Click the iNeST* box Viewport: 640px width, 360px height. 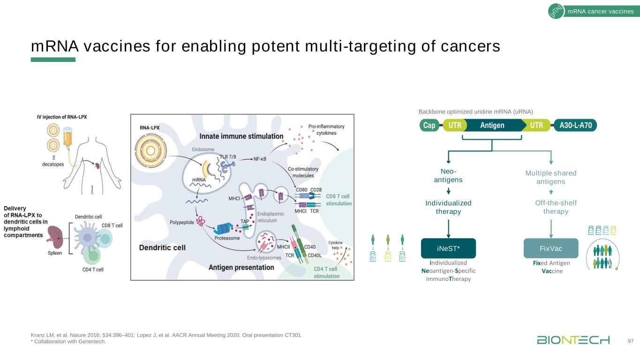coord(449,248)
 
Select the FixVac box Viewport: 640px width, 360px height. coord(550,248)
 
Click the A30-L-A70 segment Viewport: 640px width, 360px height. coord(575,125)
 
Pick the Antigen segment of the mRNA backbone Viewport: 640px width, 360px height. coord(492,125)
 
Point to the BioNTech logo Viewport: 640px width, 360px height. coord(573,340)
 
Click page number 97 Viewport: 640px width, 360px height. coord(630,340)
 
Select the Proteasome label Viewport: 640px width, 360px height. coord(227,238)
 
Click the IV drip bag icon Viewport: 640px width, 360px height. coord(68,137)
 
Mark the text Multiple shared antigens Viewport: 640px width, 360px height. coord(551,177)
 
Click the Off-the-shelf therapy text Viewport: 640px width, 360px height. coord(556,207)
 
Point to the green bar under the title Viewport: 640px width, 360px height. coord(53,60)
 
